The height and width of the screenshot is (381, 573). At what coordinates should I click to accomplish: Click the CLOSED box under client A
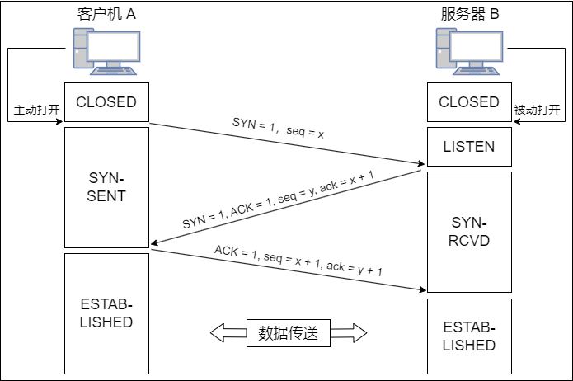pyautogui.click(x=106, y=102)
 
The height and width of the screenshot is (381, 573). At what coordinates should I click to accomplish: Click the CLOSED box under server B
pyautogui.click(x=469, y=102)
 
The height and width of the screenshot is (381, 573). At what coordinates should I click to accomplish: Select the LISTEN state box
pyautogui.click(x=469, y=147)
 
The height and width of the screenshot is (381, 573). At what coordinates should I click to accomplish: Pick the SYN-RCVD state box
pyautogui.click(x=469, y=232)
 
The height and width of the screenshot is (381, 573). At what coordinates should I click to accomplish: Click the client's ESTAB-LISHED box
pyautogui.click(x=106, y=312)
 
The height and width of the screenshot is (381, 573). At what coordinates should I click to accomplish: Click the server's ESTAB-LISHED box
pyautogui.click(x=469, y=336)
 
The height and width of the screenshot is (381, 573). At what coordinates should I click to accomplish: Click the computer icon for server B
pyautogui.click(x=467, y=51)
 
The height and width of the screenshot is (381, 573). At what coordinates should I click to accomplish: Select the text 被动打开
pyautogui.click(x=537, y=110)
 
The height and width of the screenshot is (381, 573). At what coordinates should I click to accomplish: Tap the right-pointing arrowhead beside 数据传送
pyautogui.click(x=357, y=333)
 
